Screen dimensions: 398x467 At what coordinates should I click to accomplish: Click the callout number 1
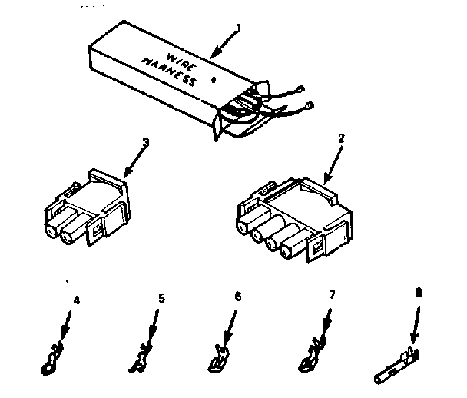pos(238,28)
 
